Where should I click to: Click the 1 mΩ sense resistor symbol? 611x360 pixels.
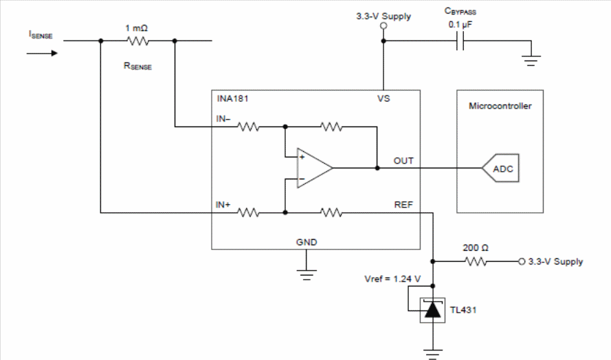point(137,41)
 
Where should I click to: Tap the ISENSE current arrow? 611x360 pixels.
point(42,53)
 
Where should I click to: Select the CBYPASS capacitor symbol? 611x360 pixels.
point(460,41)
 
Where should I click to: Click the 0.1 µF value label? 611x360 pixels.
point(460,25)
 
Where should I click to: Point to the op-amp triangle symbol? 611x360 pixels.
point(315,168)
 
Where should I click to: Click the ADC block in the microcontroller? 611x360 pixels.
point(501,168)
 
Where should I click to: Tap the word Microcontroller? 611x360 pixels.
point(500,106)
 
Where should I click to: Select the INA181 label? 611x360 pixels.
point(232,98)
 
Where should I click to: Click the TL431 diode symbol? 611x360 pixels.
point(432,310)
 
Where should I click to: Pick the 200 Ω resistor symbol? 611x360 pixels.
point(476,262)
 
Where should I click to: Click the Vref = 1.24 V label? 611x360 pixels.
point(392,279)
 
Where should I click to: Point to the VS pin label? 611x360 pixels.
point(384,98)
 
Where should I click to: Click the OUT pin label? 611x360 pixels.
point(403,161)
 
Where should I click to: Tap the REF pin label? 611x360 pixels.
point(403,205)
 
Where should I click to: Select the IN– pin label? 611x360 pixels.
point(223,119)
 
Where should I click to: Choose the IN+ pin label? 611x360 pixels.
point(223,205)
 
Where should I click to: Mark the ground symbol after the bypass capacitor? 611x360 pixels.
point(531,60)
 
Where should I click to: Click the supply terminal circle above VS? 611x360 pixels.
point(384,25)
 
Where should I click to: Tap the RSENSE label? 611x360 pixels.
point(137,66)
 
